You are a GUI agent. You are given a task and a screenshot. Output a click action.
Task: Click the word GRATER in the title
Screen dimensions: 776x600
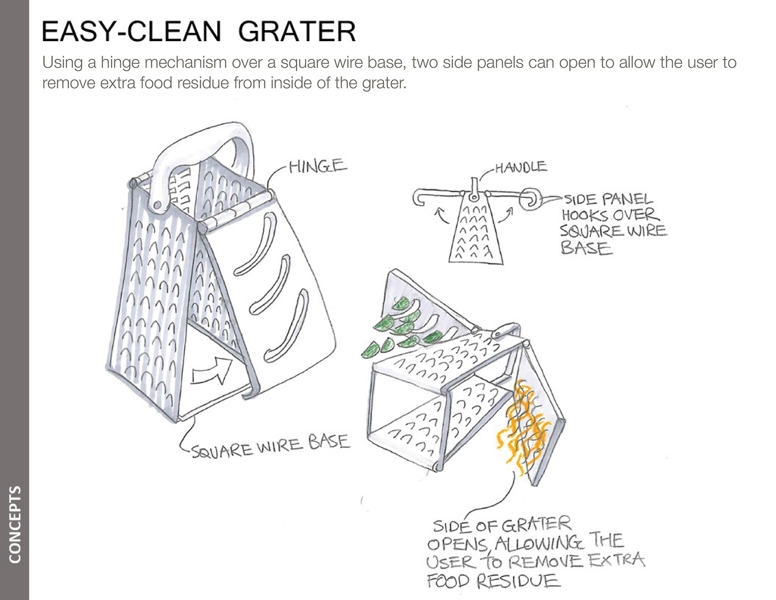[297, 32]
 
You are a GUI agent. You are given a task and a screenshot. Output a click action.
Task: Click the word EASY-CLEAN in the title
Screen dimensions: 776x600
[132, 32]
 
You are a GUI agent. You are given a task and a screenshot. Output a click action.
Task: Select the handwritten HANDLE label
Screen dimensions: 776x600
[521, 167]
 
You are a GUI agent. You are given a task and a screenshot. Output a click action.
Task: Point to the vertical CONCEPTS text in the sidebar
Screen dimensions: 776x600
[15, 524]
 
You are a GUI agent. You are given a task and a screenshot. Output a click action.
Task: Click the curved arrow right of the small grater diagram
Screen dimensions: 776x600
[506, 215]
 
